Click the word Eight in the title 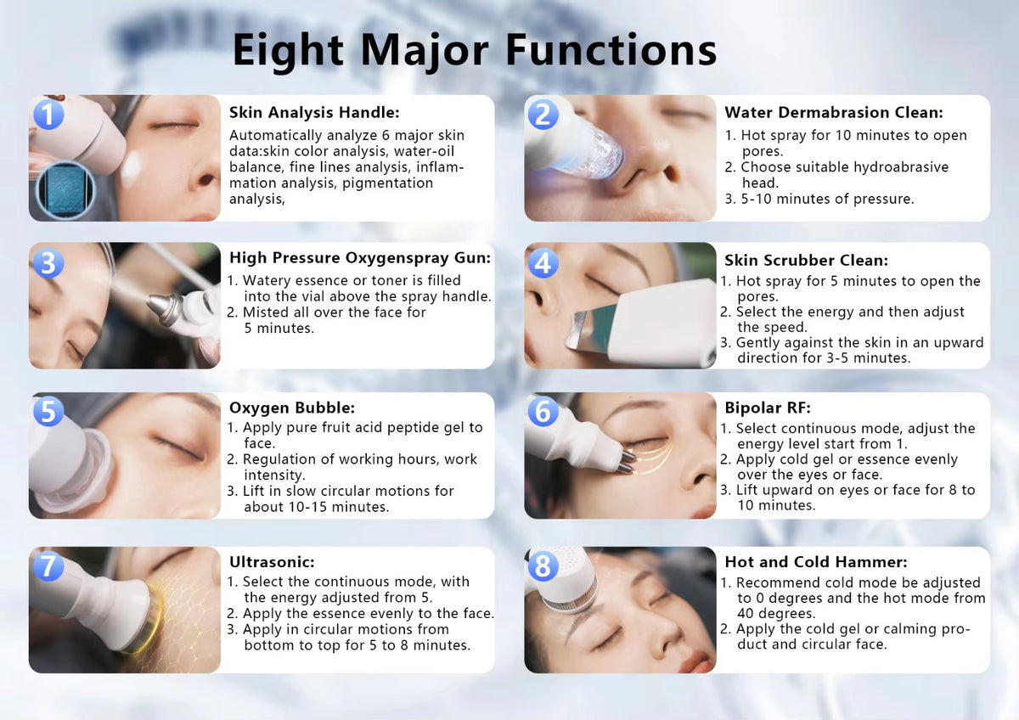tap(288, 51)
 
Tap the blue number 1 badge tap(48, 114)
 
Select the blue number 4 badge tap(543, 263)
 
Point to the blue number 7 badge tap(48, 566)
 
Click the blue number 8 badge tap(543, 566)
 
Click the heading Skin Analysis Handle tap(314, 112)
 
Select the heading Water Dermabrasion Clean tap(834, 112)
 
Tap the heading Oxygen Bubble tap(291, 408)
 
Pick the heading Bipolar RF tap(768, 408)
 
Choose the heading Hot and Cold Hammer tap(816, 562)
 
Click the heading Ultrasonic tap(272, 562)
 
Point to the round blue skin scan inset tap(65, 189)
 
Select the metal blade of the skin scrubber tap(587, 329)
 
